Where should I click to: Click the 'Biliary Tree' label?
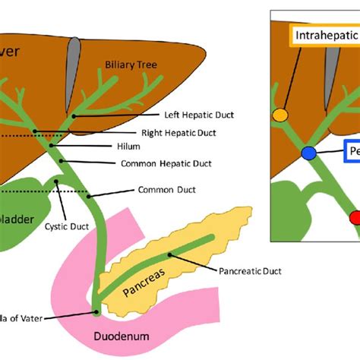pyautogui.click(x=131, y=65)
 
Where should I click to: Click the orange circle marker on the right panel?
pyautogui.click(x=280, y=115)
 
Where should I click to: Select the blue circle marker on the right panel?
pyautogui.click(x=309, y=154)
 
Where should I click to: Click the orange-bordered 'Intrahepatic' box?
pyautogui.click(x=324, y=35)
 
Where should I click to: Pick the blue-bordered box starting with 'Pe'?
pyautogui.click(x=351, y=151)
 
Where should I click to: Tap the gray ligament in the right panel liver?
pyautogui.click(x=332, y=76)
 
